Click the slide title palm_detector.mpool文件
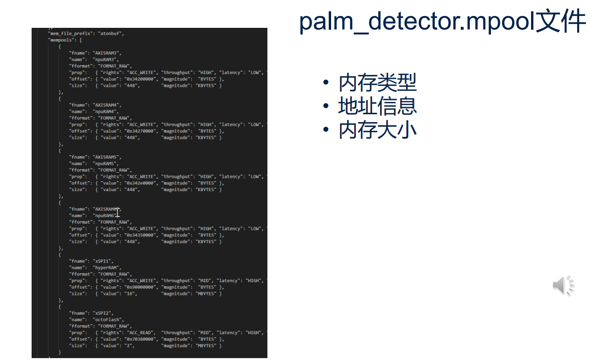click(x=442, y=22)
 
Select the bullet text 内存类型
click(x=377, y=83)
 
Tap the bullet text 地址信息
click(x=377, y=106)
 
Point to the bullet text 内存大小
click(x=377, y=130)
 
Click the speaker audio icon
click(x=563, y=285)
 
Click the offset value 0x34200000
click(x=141, y=79)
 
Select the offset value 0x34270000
click(x=141, y=131)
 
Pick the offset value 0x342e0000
click(x=141, y=183)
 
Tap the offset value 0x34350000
click(x=141, y=235)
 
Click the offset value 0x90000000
click(x=141, y=287)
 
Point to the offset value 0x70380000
click(x=141, y=339)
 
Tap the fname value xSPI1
click(x=102, y=261)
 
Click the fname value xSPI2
click(x=102, y=313)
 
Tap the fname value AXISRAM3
click(x=107, y=53)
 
